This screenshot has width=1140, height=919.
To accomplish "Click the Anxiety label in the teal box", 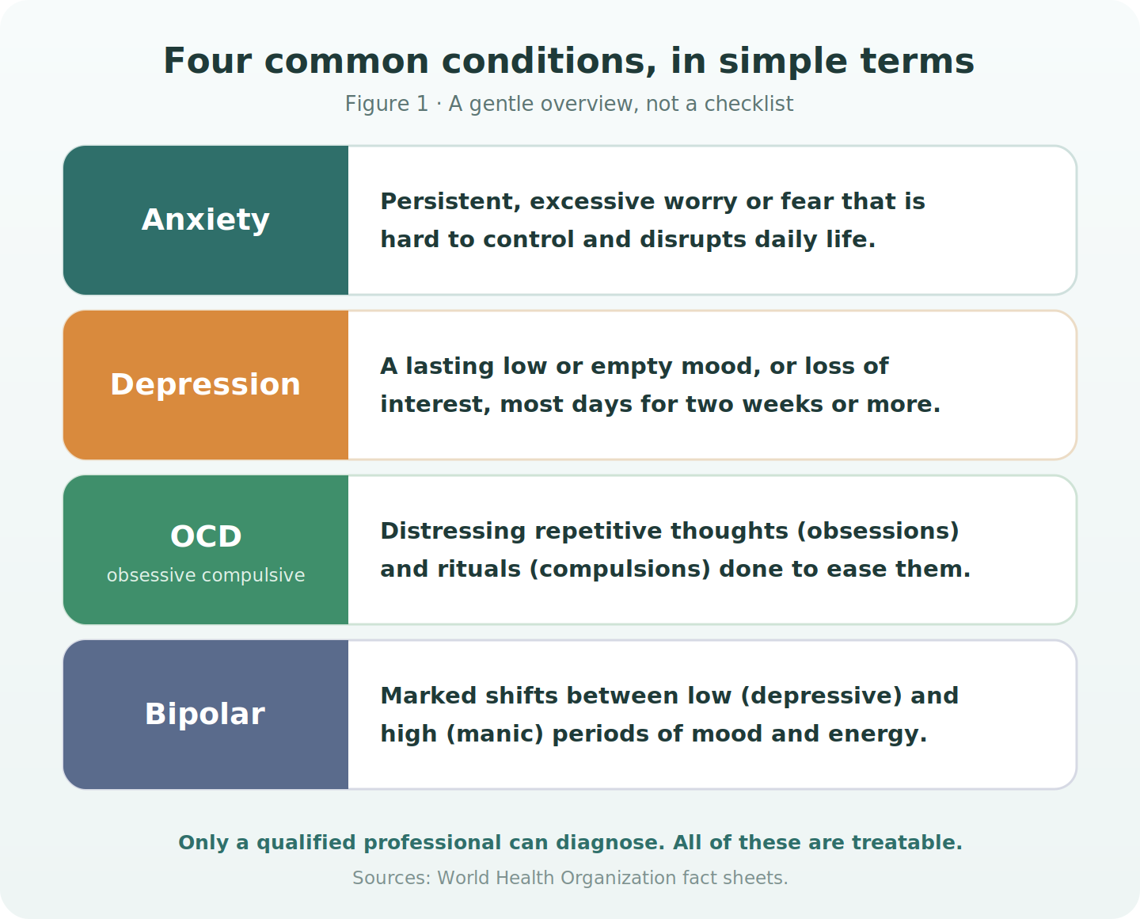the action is (206, 220).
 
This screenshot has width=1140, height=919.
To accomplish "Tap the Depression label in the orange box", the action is (206, 384).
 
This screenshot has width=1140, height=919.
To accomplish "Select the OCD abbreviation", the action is (206, 536).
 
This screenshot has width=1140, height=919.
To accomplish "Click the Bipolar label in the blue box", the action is (205, 714).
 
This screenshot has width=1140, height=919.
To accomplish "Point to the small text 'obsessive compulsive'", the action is (206, 575).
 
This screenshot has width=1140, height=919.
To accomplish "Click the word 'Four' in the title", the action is (207, 62).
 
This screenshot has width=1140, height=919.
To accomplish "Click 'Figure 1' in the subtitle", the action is (386, 104).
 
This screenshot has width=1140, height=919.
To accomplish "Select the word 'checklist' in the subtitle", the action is (749, 104).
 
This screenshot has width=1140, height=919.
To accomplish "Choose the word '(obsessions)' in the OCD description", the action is (878, 532).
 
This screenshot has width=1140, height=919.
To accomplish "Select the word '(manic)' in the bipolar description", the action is (495, 734).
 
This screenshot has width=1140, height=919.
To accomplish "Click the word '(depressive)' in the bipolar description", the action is (821, 696).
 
